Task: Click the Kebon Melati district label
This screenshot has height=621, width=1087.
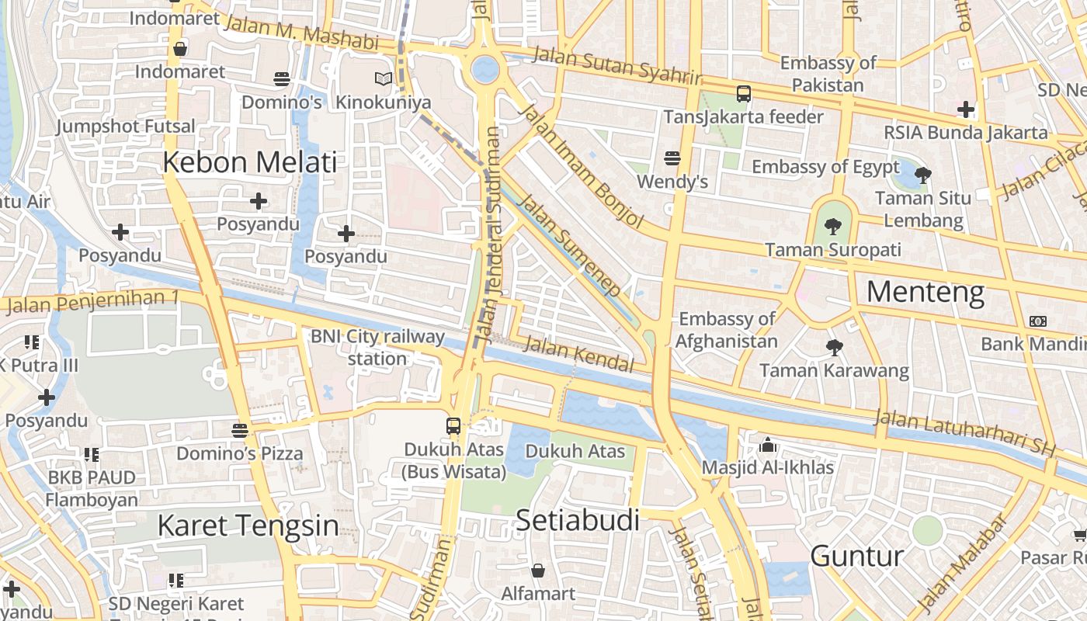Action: click(x=250, y=162)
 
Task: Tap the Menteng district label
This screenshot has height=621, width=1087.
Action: click(x=926, y=292)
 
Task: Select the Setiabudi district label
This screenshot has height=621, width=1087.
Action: click(x=578, y=520)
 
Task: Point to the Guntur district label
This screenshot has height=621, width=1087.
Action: click(x=857, y=556)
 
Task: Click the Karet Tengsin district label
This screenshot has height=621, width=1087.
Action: click(x=248, y=526)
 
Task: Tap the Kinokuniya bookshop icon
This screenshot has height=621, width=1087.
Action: click(x=383, y=78)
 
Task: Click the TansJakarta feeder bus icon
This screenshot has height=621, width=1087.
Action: click(x=743, y=94)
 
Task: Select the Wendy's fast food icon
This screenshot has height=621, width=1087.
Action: click(x=672, y=158)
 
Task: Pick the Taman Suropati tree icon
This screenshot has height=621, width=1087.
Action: click(x=833, y=227)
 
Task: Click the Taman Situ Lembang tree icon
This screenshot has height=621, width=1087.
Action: click(x=923, y=175)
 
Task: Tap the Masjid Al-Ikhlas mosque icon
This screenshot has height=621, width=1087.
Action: click(x=768, y=445)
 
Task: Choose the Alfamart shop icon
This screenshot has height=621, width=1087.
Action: click(x=538, y=571)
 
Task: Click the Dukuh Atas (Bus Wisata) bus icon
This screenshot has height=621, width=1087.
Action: click(x=453, y=425)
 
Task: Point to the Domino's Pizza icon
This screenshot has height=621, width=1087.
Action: click(x=240, y=429)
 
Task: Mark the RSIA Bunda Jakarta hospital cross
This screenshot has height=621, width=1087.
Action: click(x=966, y=109)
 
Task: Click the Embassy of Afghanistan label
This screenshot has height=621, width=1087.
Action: click(x=727, y=330)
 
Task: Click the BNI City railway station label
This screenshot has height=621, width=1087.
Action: click(x=377, y=347)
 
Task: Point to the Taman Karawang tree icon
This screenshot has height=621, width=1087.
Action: click(x=834, y=347)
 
